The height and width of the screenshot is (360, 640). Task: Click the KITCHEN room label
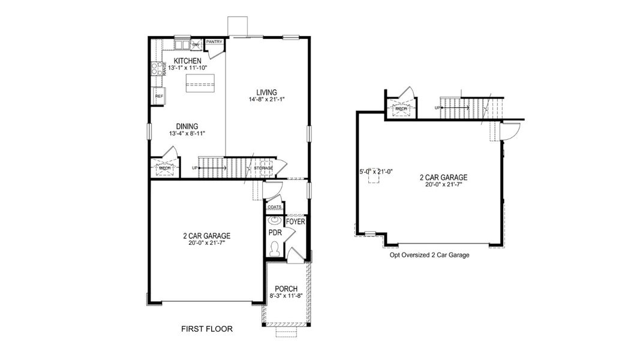[187, 61]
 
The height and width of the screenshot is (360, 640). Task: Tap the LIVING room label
[266, 92]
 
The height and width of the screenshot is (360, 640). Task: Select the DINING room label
[187, 127]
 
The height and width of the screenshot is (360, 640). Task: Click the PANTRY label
[214, 42]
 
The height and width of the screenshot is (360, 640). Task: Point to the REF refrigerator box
[159, 96]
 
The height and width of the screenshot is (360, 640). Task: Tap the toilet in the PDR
[275, 247]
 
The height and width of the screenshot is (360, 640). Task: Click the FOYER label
[295, 221]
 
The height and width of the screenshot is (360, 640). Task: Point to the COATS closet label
[275, 206]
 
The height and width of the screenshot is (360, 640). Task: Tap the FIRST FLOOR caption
[207, 329]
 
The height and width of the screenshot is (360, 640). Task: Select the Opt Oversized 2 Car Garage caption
[429, 255]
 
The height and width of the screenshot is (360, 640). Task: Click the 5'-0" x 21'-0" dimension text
[375, 172]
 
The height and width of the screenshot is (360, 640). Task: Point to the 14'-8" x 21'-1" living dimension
[266, 99]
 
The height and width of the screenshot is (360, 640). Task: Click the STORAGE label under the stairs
[262, 168]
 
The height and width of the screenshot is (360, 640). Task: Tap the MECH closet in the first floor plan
[164, 168]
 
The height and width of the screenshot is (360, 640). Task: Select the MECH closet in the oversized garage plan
[401, 109]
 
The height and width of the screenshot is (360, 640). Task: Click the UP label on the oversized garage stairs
[438, 107]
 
